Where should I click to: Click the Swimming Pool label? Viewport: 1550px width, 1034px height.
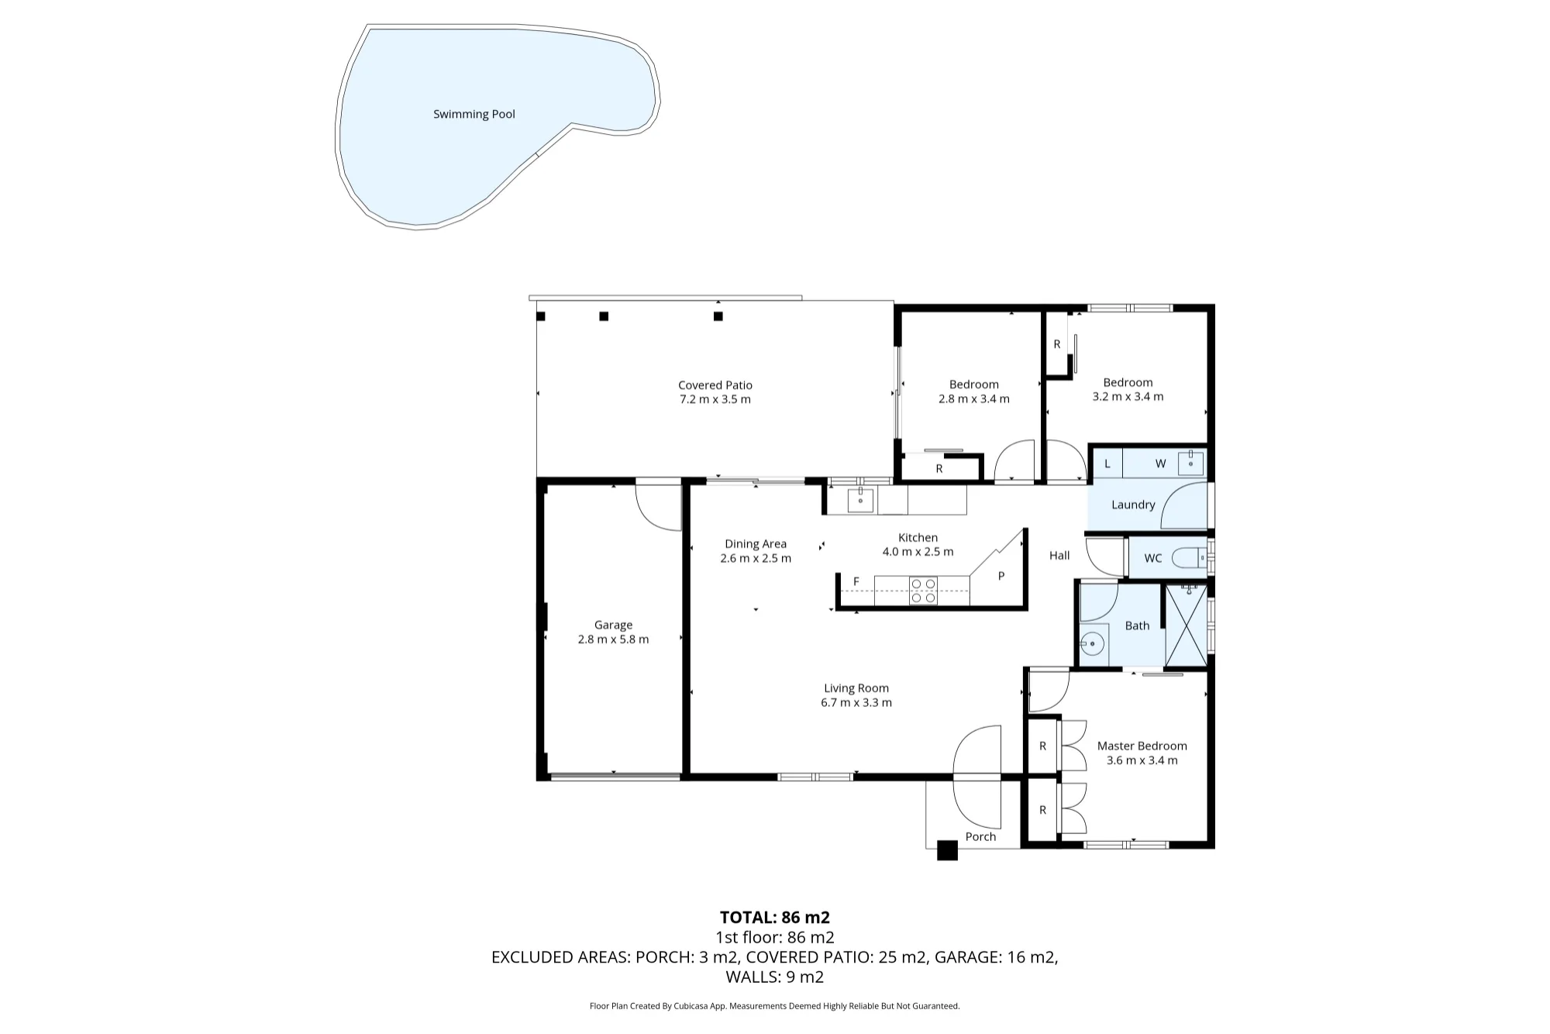coord(474,114)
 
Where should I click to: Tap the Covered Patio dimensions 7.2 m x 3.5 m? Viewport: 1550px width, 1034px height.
coord(715,399)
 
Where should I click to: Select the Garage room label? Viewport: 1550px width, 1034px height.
coord(613,625)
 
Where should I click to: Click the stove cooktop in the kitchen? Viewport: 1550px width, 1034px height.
coord(923,591)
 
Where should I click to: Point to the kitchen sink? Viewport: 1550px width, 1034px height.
coord(860,501)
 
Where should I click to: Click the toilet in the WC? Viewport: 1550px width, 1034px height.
coord(1188,557)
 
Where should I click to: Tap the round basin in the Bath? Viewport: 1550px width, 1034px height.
coord(1093,643)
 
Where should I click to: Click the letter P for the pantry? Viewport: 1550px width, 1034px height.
coord(1001,576)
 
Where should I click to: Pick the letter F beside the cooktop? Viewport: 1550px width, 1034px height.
coord(856,581)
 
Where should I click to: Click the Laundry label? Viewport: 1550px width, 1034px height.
coord(1133,505)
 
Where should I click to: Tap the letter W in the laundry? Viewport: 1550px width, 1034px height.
coord(1160,464)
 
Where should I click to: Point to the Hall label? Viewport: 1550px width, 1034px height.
coord(1059,555)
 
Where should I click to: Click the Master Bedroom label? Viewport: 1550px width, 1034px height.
coord(1142,746)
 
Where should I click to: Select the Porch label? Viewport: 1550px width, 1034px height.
coord(980,836)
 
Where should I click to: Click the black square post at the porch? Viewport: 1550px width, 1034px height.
coord(947,850)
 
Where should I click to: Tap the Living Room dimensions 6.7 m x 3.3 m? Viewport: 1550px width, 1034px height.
coord(856,702)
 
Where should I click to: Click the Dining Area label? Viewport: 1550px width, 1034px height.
coord(756,544)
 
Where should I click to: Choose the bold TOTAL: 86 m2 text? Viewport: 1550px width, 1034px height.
coord(775,918)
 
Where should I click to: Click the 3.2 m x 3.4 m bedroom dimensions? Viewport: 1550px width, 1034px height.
coord(1128,396)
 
